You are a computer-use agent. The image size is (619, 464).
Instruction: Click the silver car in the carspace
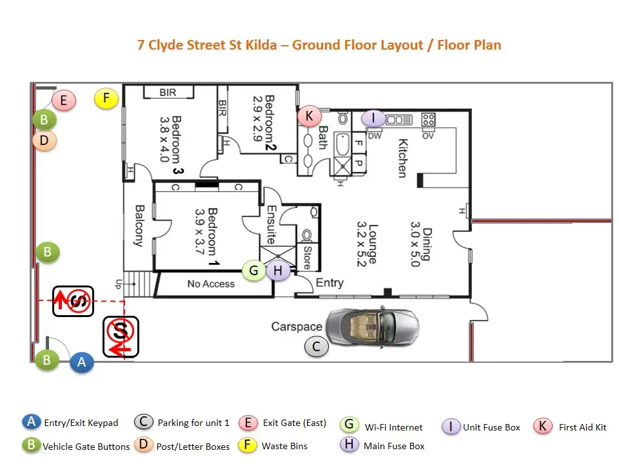point(371,328)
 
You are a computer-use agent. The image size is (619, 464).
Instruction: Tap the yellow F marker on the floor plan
point(107,99)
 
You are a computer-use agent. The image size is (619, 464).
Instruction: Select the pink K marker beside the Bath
point(309,116)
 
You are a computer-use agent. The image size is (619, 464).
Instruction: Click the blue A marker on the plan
point(82,363)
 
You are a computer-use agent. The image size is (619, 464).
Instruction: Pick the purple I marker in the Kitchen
point(373,119)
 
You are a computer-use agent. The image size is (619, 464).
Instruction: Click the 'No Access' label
point(211,284)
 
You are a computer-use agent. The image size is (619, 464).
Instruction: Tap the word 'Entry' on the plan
point(329,282)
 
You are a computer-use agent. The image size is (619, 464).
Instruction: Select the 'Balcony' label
point(139,226)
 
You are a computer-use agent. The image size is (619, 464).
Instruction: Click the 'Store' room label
point(307,257)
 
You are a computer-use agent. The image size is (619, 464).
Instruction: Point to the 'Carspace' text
point(296,327)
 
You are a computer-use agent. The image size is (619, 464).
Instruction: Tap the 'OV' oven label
point(427,135)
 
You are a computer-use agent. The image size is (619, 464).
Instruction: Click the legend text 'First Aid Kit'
point(582,427)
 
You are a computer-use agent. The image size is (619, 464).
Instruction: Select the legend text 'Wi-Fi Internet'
point(394,427)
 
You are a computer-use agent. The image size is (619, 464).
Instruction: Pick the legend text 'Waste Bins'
point(284,446)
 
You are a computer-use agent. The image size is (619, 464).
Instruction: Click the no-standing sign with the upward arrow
point(74,301)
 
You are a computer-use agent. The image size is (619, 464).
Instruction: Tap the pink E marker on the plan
point(64,101)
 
